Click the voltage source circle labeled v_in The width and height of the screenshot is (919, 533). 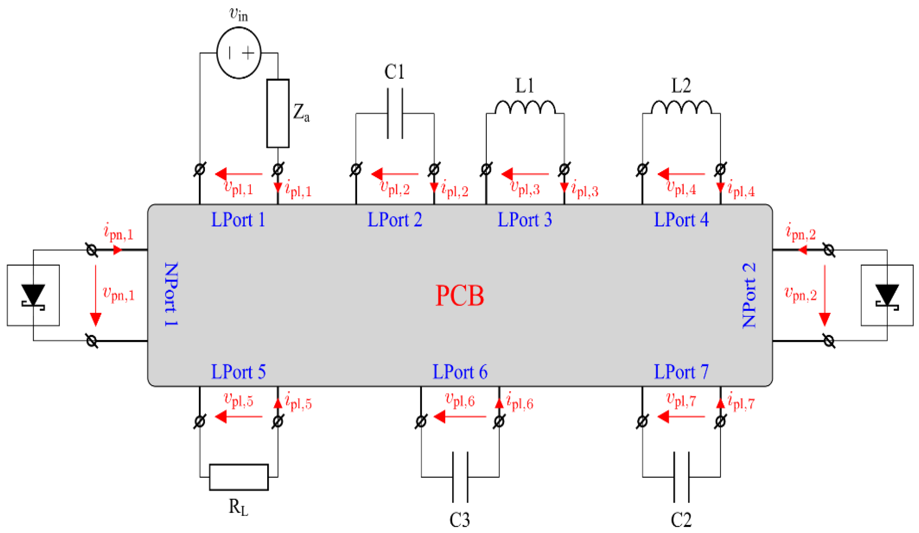[239, 53]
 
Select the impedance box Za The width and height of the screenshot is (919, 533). [278, 113]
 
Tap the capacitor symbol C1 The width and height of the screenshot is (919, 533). [395, 113]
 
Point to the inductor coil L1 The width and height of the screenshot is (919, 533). [525, 107]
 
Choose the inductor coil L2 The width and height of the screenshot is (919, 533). [681, 107]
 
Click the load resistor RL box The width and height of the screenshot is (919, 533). [239, 477]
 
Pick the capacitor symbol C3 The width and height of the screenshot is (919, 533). [460, 477]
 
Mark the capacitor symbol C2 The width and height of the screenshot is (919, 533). [682, 477]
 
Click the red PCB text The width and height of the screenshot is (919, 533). [460, 296]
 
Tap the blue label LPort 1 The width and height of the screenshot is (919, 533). [238, 220]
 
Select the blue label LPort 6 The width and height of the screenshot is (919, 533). [460, 372]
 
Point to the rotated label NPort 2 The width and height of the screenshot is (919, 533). [749, 295]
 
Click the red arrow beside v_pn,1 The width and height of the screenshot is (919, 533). [96, 295]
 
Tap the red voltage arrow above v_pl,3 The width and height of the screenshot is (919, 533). [525, 174]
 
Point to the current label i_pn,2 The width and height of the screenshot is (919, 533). [801, 232]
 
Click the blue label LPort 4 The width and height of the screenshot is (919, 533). [681, 220]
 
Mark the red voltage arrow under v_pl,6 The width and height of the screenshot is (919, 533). [460, 416]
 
